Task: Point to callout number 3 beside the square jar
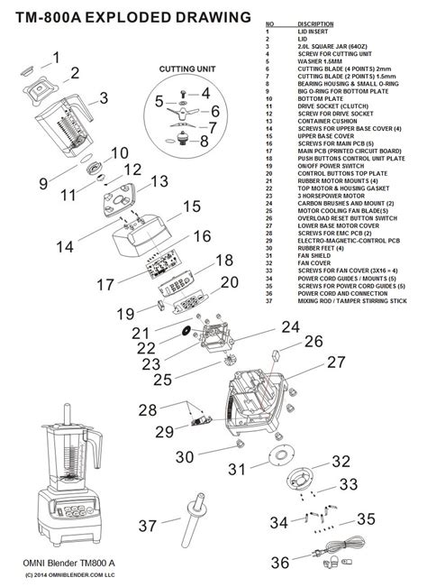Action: [104, 98]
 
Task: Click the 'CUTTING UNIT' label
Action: [186, 69]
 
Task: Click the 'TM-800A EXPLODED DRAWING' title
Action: [127, 17]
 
